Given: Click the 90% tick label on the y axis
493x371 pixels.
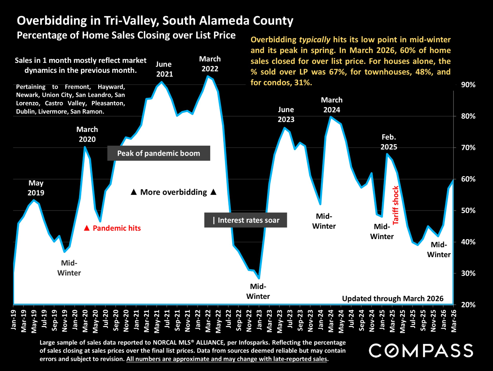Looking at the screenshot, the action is pos(468,85).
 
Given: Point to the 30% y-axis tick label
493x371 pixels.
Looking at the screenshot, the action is pos(468,273).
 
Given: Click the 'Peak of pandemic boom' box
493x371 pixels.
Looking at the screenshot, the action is pos(159,153).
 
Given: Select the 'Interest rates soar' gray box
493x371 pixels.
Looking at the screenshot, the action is pos(246,220).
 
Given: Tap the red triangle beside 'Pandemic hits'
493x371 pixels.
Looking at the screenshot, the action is pos(87,228).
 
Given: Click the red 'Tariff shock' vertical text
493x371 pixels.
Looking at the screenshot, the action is pos(395,205).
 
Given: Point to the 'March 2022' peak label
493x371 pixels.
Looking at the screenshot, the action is pos(210,64).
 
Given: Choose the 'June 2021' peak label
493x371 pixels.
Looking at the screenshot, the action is pos(164,69).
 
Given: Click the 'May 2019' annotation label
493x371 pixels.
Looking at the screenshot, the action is pos(36,188).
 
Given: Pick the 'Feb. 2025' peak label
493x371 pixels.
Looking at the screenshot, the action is pos(389,142).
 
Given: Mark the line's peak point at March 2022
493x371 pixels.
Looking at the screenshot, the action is pos(208,76).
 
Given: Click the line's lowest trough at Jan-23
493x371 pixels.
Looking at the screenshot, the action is pos(259,279).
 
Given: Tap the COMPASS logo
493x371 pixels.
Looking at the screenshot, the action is pos(421,350).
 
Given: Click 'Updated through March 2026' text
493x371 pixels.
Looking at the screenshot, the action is pos(393,299).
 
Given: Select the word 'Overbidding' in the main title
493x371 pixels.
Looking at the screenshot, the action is pos(52,21).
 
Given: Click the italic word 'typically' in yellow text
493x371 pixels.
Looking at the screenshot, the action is pos(315,40).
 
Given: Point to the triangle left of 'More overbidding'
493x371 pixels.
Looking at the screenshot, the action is pos(134,192).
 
